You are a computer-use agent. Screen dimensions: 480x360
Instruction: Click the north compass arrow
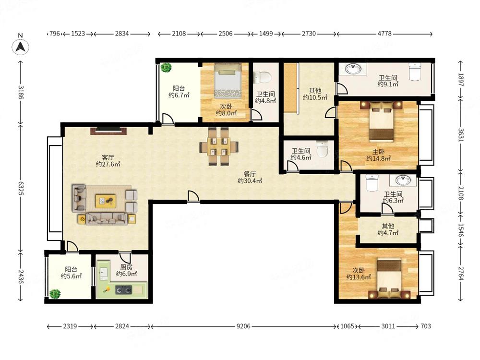[21, 47]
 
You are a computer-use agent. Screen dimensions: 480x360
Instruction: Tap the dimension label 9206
[243, 326]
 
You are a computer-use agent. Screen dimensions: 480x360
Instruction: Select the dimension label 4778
[384, 34]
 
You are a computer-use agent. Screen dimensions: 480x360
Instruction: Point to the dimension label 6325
[21, 188]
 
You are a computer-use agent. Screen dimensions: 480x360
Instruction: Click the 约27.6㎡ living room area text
[108, 164]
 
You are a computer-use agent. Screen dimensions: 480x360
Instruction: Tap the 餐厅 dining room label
[250, 174]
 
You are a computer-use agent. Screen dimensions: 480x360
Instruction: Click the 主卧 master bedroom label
[379, 152]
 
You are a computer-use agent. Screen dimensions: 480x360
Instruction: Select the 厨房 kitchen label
[126, 267]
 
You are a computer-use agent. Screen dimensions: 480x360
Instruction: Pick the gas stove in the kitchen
[123, 289]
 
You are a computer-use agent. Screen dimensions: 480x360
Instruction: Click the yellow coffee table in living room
[106, 201]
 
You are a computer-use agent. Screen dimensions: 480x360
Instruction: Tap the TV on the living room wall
[108, 131]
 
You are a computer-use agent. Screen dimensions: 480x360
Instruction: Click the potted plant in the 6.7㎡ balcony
[166, 68]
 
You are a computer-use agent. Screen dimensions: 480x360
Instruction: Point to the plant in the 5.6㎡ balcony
[55, 294]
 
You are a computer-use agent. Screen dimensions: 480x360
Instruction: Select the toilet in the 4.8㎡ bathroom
[263, 77]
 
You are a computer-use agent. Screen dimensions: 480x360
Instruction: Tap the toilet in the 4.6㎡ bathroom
[322, 149]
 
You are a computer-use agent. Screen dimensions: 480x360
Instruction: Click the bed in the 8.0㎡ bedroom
[228, 80]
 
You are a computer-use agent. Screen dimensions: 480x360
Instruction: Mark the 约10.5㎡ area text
[315, 97]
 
